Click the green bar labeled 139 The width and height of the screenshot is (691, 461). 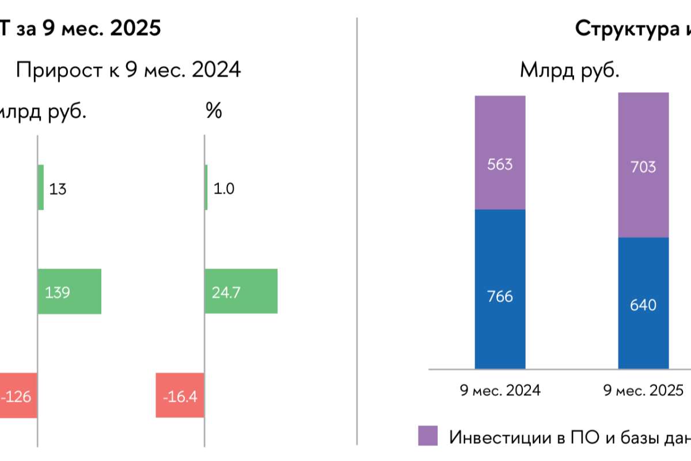click(x=70, y=292)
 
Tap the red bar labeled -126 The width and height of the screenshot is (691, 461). click(x=18, y=396)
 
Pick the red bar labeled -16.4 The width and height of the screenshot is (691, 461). click(x=180, y=396)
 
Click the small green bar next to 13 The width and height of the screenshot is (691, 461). click(x=41, y=187)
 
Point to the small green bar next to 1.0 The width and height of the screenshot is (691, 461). click(x=206, y=187)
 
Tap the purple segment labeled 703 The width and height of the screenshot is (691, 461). click(x=643, y=166)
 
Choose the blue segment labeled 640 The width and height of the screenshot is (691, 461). click(x=643, y=303)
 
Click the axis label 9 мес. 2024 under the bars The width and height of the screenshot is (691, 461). click(x=500, y=391)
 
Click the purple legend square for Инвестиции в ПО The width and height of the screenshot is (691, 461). click(x=428, y=436)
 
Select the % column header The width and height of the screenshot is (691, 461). click(x=214, y=112)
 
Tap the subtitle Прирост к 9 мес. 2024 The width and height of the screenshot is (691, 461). click(x=128, y=70)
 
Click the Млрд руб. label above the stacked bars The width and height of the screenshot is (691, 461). click(x=569, y=70)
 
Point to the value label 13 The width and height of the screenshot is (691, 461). click(x=58, y=188)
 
